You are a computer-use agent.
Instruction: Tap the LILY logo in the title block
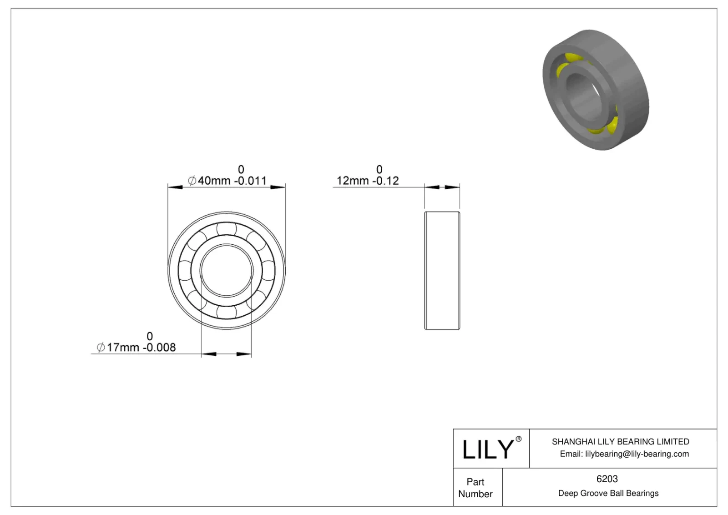(x=487, y=449)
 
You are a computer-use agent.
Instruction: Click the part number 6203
(x=607, y=479)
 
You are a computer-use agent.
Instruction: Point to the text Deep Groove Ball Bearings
(x=608, y=493)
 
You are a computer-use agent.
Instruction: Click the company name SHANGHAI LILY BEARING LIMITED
(x=620, y=441)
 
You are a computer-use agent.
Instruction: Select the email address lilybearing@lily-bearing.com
(x=637, y=454)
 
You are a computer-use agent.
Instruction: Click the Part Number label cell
(x=475, y=488)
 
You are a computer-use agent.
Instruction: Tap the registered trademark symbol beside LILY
(x=518, y=439)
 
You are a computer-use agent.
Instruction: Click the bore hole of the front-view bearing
(x=227, y=271)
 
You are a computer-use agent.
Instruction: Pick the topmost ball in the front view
(x=227, y=228)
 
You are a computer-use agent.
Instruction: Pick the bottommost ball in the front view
(x=227, y=313)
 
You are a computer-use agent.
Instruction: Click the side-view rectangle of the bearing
(x=442, y=271)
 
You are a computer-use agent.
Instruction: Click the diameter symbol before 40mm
(x=192, y=181)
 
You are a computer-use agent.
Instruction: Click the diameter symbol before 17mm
(x=101, y=348)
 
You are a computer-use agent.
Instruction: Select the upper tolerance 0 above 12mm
(x=379, y=170)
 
